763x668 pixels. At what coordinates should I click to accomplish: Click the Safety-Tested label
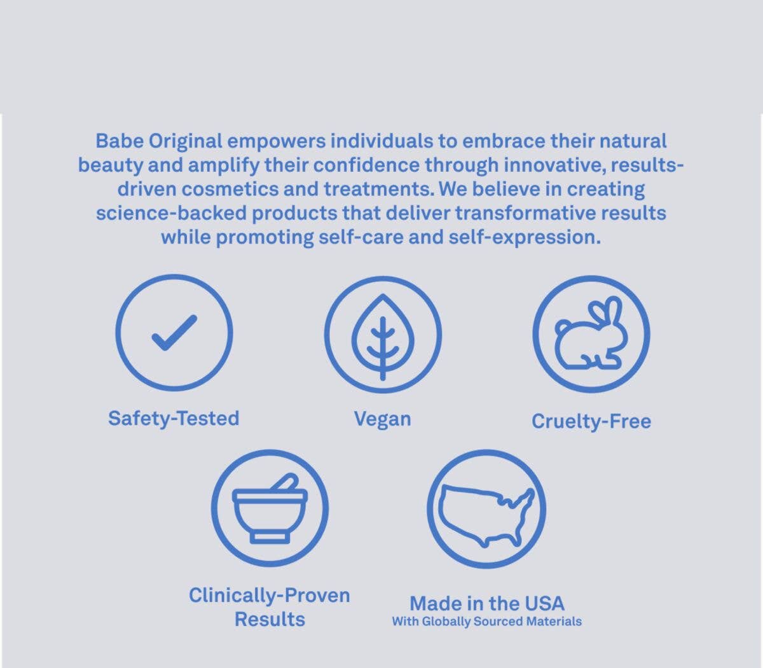tap(174, 419)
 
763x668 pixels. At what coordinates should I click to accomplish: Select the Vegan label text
tap(382, 419)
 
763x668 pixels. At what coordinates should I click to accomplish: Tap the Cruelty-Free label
tap(591, 422)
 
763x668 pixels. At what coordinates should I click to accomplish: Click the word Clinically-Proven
tap(269, 595)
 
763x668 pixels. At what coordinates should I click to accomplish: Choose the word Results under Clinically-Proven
tap(270, 620)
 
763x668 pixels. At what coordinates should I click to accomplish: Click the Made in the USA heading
tap(486, 604)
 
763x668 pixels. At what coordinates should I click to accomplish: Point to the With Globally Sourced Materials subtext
tap(486, 622)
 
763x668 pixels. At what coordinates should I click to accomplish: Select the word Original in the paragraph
tap(185, 142)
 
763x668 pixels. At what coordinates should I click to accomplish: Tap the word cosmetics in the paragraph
tap(230, 190)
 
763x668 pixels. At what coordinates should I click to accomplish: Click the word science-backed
tap(171, 214)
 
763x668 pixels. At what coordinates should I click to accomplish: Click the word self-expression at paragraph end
tap(525, 238)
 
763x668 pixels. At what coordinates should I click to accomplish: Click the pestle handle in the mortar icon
tap(285, 482)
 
